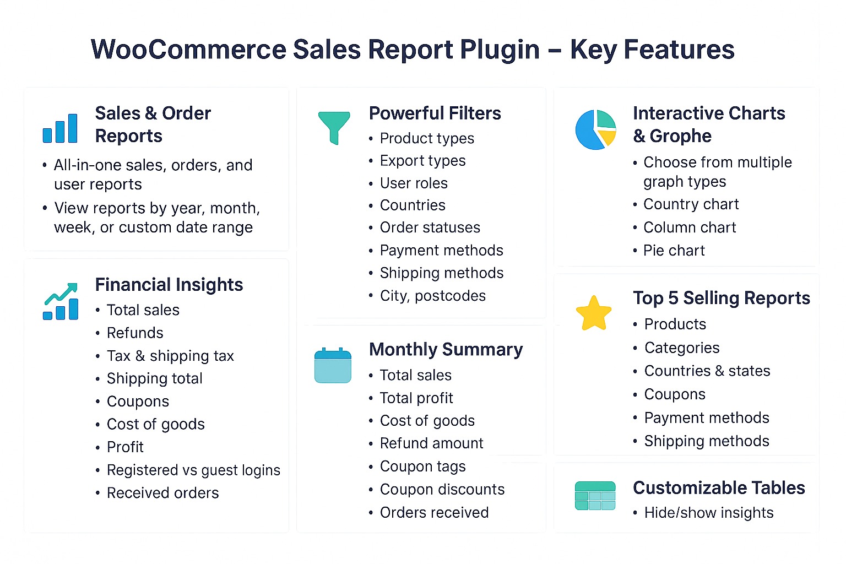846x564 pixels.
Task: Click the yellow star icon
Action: click(593, 313)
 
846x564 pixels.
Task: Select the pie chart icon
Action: click(595, 129)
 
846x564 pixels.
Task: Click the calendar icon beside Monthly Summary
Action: click(333, 365)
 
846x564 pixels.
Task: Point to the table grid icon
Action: click(595, 496)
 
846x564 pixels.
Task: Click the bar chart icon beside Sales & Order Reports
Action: click(60, 128)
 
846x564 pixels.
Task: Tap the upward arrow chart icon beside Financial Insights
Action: click(61, 301)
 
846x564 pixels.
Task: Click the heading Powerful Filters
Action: click(435, 113)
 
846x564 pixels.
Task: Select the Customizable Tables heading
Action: click(719, 487)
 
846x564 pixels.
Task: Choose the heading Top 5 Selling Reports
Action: click(722, 298)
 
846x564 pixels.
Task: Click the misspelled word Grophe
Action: click(681, 136)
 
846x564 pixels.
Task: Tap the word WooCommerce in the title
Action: click(188, 49)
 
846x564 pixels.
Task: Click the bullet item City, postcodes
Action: click(433, 296)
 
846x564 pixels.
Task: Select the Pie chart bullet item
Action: click(674, 251)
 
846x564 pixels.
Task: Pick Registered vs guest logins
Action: click(193, 470)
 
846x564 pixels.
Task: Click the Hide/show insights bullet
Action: click(709, 513)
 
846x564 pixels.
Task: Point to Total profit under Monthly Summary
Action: click(416, 398)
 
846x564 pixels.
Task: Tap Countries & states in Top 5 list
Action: click(707, 371)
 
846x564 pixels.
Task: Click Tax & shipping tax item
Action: click(170, 356)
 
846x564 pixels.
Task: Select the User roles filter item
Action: click(414, 183)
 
